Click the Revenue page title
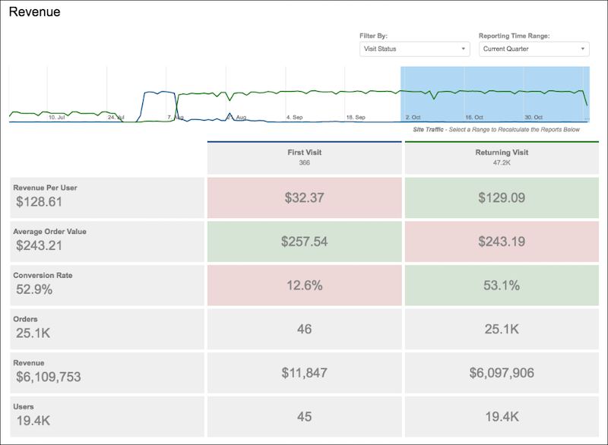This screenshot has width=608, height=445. (x=34, y=12)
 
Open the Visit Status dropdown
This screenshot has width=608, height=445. (x=414, y=49)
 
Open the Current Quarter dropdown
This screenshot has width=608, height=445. (x=534, y=49)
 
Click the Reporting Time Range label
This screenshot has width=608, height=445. (x=513, y=36)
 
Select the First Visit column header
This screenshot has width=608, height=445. (x=303, y=157)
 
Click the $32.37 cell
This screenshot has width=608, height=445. (x=303, y=197)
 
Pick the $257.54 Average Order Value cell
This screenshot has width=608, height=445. (x=303, y=241)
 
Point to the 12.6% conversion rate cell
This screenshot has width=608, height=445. (x=303, y=286)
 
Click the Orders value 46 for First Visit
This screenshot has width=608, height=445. (x=303, y=329)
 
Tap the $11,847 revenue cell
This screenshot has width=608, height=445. (x=303, y=373)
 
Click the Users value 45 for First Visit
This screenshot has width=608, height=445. (x=303, y=416)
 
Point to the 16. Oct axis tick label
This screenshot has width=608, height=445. (x=473, y=118)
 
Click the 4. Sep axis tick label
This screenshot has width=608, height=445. (x=294, y=118)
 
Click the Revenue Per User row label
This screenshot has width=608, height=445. (x=45, y=188)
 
